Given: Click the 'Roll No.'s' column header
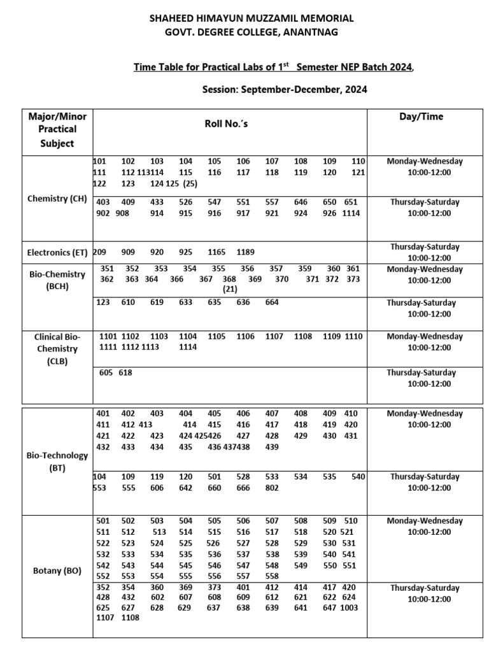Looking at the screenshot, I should tap(226, 124).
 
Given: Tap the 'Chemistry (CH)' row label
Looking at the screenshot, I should tap(57, 199).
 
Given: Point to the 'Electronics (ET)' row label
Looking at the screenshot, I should tap(57, 252).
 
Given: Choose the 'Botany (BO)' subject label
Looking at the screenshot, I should tap(57, 571).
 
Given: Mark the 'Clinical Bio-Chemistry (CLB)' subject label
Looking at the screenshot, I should tap(57, 349).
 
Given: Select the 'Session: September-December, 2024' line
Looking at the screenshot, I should tap(285, 90).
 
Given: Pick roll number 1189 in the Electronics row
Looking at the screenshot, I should tap(245, 252).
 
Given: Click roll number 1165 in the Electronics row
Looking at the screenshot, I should tap(216, 252).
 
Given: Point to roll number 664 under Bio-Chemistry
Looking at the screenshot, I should tap(272, 302).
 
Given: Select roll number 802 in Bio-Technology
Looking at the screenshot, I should tap(272, 487).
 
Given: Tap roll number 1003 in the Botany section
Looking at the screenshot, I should tap(349, 608).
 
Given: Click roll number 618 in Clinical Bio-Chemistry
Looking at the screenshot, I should tap(125, 372).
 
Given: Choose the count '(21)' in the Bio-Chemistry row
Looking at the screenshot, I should tap(230, 289).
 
